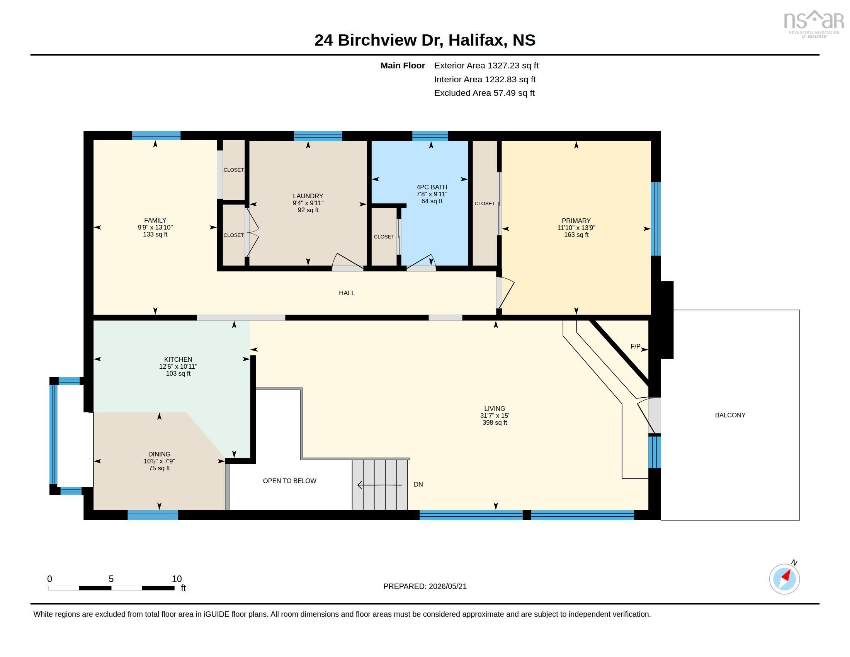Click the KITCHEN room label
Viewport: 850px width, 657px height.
178,359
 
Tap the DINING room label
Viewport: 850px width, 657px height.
159,454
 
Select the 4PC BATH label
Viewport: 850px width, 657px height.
432,187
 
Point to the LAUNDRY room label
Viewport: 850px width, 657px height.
308,196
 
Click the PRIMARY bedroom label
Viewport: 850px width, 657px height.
576,221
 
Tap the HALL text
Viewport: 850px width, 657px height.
347,293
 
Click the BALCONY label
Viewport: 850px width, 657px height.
730,415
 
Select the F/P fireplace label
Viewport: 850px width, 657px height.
635,346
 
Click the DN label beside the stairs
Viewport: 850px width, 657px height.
418,484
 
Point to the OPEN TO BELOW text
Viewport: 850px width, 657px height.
289,481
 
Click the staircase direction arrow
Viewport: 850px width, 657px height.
379,485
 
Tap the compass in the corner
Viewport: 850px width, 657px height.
784,579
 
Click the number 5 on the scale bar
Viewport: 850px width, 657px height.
111,579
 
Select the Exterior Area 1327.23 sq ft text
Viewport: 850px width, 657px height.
486,65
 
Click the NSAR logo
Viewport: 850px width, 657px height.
813,24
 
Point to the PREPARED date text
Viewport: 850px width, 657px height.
425,586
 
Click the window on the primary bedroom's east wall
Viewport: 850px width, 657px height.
656,219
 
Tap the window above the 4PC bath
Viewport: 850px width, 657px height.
430,136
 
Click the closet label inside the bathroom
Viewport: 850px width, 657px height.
384,237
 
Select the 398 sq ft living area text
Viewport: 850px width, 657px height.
494,422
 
